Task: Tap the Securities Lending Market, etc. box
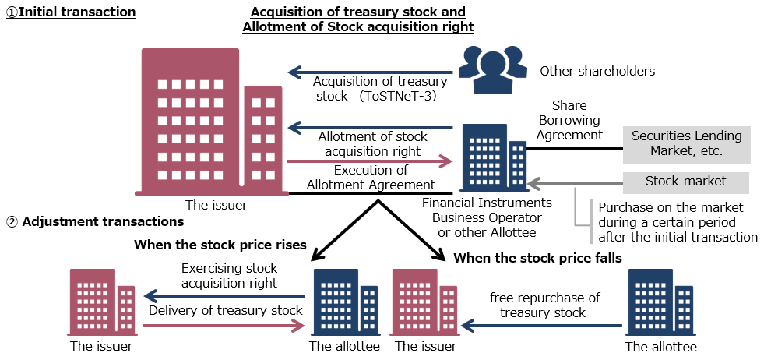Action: (x=687, y=144)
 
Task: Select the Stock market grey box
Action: (x=685, y=182)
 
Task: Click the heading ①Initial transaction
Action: (x=71, y=12)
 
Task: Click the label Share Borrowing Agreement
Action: (x=569, y=120)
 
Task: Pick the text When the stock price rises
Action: (x=220, y=245)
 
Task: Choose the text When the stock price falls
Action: (x=537, y=258)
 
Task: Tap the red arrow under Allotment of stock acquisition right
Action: (x=370, y=162)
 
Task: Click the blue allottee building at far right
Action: (x=660, y=302)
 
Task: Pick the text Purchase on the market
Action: (x=671, y=207)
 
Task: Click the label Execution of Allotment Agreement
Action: (x=371, y=178)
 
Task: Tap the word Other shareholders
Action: (x=597, y=71)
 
